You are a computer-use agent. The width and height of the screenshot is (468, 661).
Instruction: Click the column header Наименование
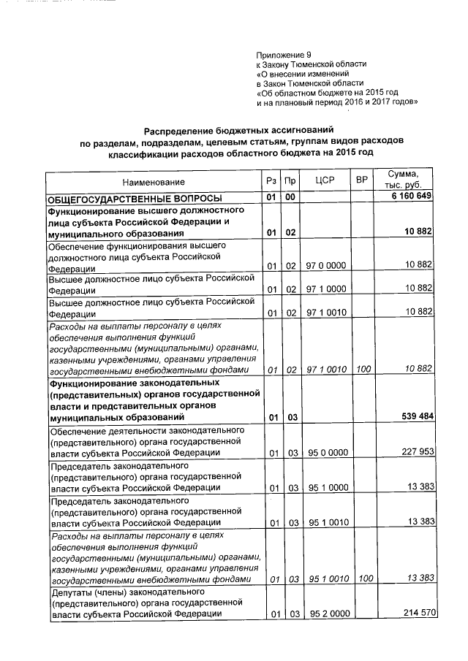point(154,181)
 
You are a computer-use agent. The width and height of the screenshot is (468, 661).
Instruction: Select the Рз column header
point(271,181)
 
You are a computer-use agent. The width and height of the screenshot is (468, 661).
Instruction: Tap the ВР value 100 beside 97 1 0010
point(361,370)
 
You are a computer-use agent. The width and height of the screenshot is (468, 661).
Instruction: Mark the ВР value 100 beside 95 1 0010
point(361,578)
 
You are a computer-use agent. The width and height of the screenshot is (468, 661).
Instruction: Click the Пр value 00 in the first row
point(290,198)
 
